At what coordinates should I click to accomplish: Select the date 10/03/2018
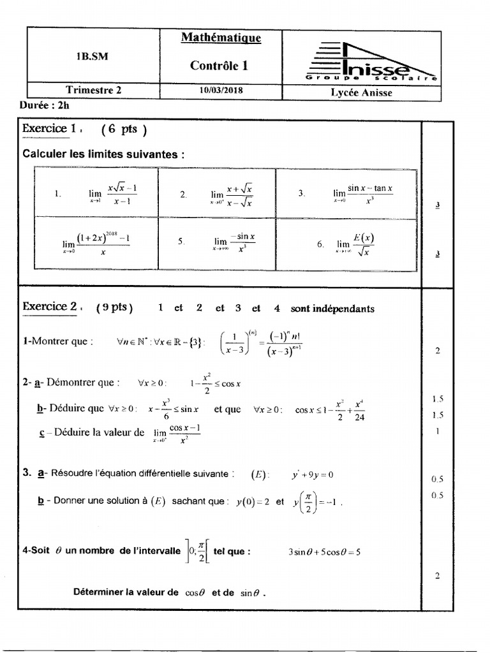click(x=221, y=91)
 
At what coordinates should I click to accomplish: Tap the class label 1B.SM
click(x=93, y=56)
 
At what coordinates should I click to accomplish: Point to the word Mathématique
click(x=221, y=38)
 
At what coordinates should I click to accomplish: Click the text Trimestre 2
click(x=93, y=91)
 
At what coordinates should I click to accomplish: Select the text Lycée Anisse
click(x=361, y=92)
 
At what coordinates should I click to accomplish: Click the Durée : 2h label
click(x=45, y=106)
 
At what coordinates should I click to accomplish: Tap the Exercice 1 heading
click(x=50, y=128)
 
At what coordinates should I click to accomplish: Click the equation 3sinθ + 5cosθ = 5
click(x=324, y=552)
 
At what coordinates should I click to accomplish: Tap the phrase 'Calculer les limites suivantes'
click(x=105, y=154)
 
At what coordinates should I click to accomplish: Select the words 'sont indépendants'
click(x=332, y=309)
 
